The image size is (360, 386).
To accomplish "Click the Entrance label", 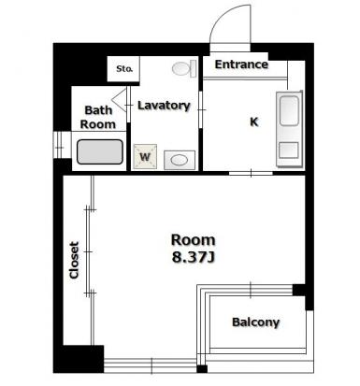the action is tap(241, 64).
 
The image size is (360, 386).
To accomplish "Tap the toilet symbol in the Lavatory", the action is tap(184, 68).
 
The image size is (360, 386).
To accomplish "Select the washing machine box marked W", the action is tap(145, 157).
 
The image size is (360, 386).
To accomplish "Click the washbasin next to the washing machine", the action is tap(180, 160).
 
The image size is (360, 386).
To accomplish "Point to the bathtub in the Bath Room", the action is tap(100, 151).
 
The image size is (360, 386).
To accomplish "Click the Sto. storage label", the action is tap(124, 69).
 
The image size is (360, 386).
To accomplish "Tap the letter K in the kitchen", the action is tap(254, 122).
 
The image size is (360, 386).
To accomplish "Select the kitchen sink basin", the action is tap(289, 111).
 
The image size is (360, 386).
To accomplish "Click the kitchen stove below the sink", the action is tap(289, 150).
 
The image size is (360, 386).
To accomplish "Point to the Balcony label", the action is tap(255, 322).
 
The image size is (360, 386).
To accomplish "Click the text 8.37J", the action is tap(194, 257).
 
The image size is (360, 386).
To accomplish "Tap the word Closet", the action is tap(74, 260).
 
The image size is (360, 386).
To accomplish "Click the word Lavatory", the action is tap(164, 106).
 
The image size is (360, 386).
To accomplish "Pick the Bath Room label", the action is tap(98, 117).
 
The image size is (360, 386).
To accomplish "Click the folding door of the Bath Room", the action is tap(120, 100).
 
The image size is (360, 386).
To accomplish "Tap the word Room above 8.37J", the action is tap(194, 240).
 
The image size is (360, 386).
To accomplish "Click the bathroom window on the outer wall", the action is tap(58, 145).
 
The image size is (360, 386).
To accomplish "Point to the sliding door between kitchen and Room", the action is tap(251, 173).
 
